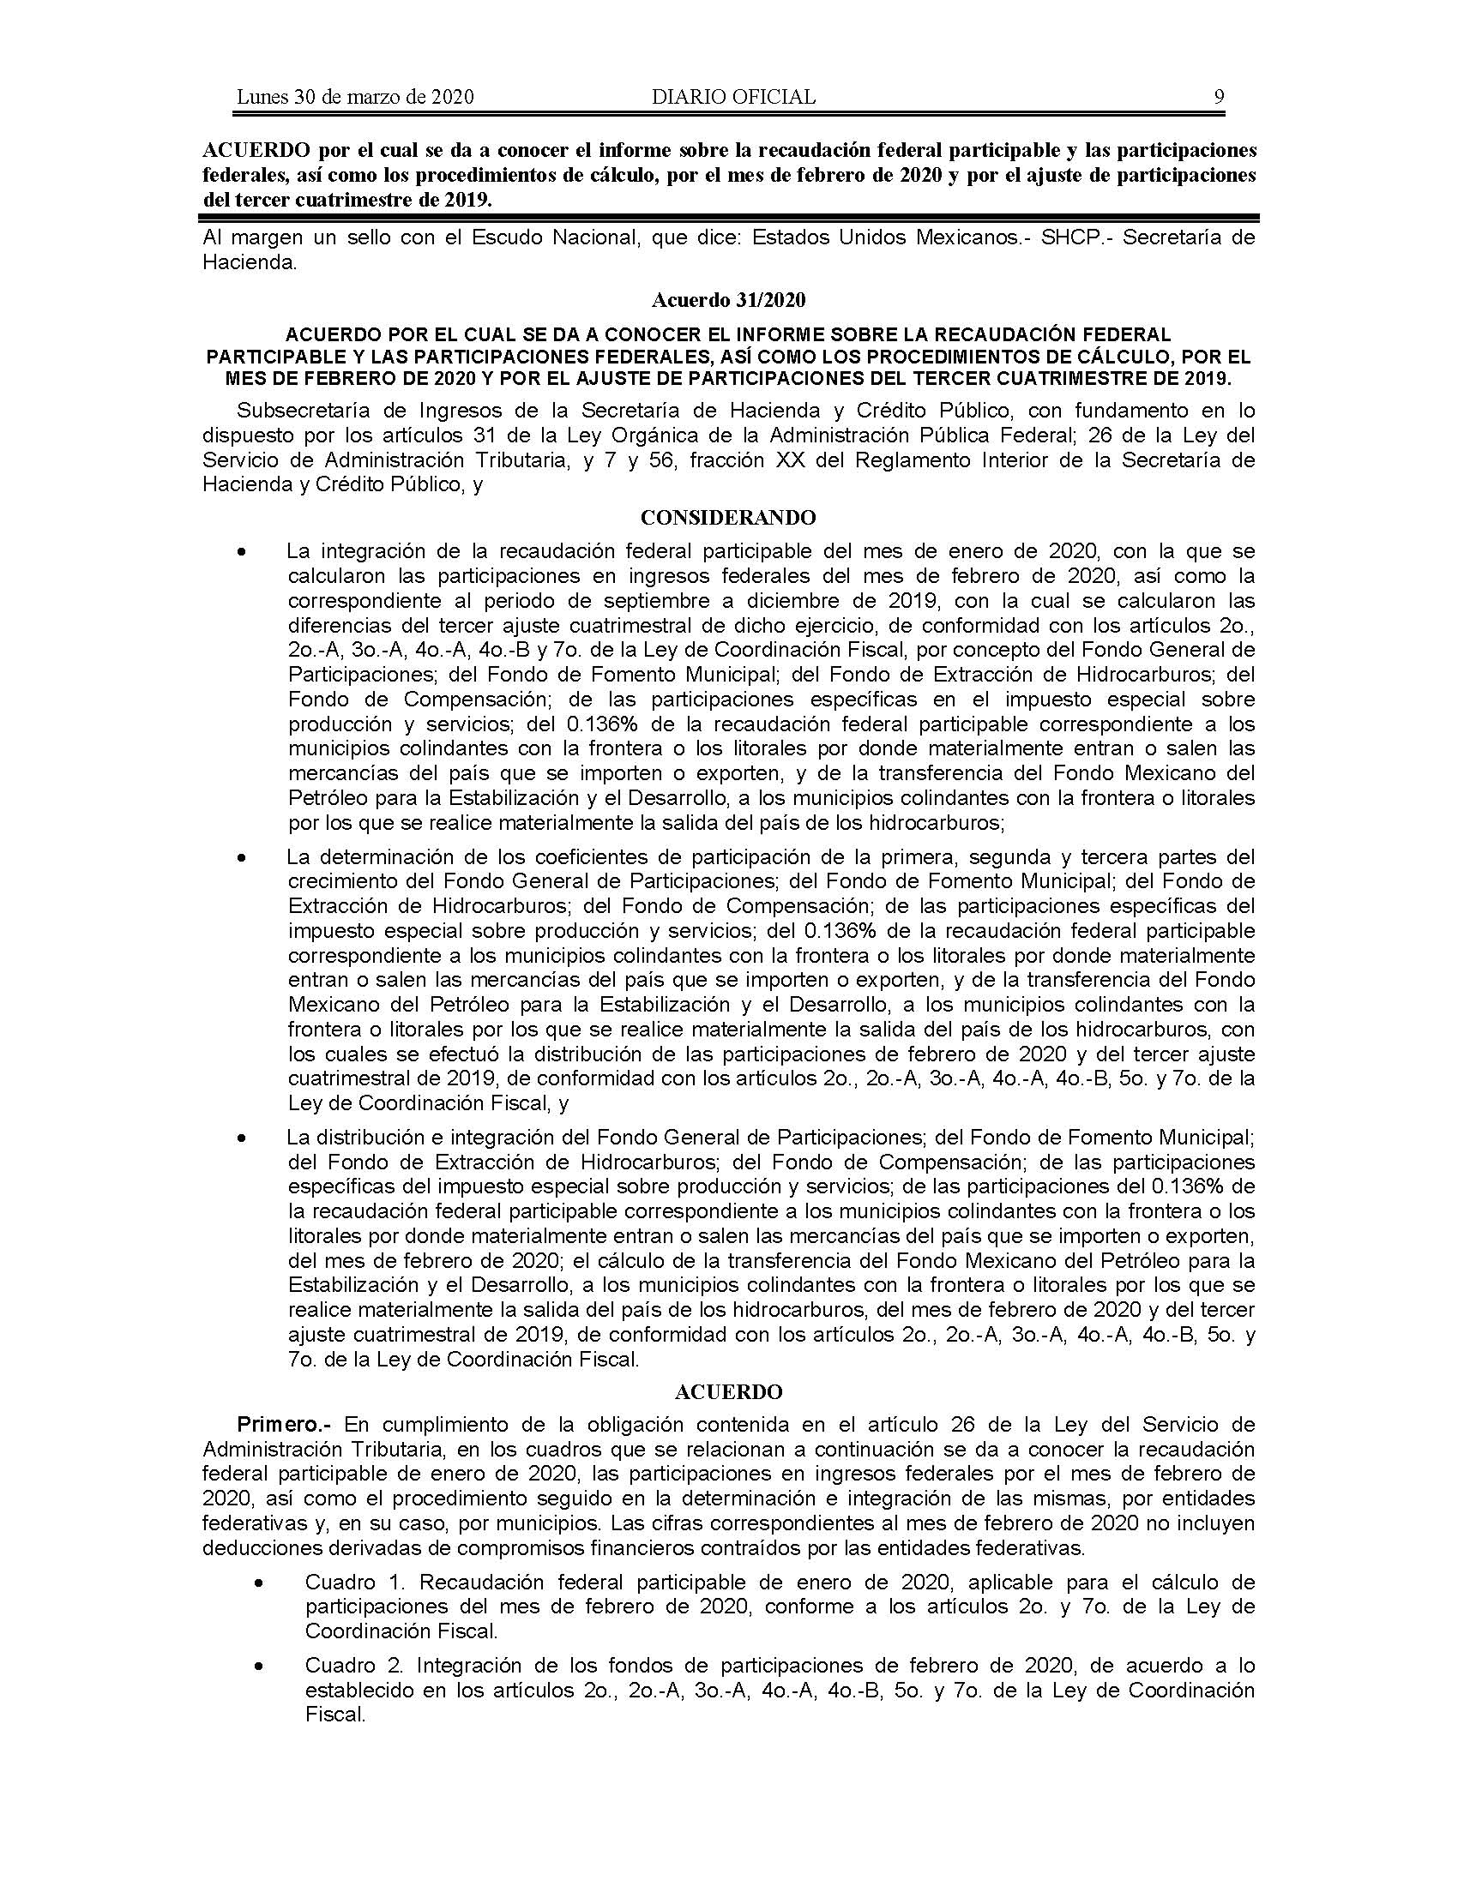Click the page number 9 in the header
coord(1219,97)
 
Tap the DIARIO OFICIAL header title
coord(733,97)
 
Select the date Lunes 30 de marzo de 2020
coord(355,97)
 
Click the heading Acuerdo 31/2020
coord(728,300)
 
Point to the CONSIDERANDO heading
coord(728,517)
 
